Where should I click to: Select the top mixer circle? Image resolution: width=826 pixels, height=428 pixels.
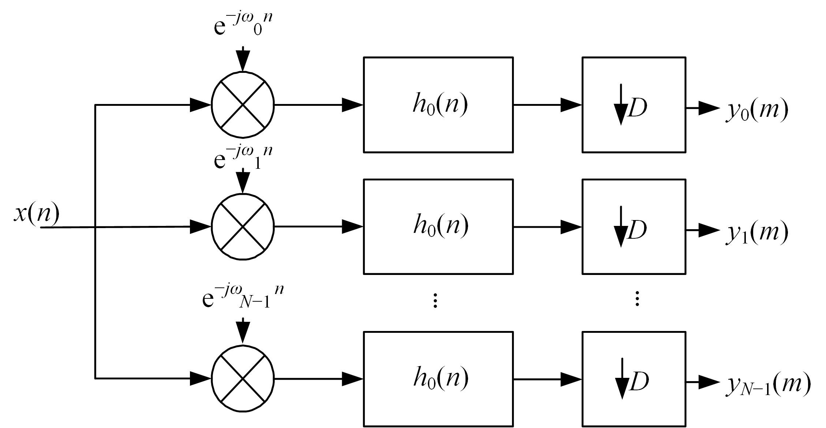pyautogui.click(x=243, y=105)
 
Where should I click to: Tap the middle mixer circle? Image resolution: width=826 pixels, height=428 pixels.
pyautogui.click(x=243, y=227)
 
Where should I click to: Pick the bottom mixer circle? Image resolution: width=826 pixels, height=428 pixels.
pyautogui.click(x=243, y=379)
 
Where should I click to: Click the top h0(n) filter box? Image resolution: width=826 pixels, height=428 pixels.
pyautogui.click(x=438, y=105)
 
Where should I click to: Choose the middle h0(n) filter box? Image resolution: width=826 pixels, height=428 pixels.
pyautogui.click(x=438, y=227)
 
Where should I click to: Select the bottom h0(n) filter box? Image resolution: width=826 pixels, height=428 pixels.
pyautogui.click(x=438, y=379)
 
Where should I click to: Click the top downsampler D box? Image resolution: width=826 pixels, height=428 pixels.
pyautogui.click(x=633, y=105)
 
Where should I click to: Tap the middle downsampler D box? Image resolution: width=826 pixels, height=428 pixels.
pyautogui.click(x=633, y=227)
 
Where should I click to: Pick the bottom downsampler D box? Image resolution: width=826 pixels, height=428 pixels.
pyautogui.click(x=633, y=379)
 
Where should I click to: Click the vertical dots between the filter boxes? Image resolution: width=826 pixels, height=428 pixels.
pyautogui.click(x=435, y=300)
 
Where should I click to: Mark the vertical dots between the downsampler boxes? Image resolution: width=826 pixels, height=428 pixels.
pyautogui.click(x=637, y=299)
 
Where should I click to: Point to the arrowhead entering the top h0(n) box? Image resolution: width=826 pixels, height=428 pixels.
pyautogui.click(x=352, y=105)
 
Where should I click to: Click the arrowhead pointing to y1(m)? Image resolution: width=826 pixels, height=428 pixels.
pyautogui.click(x=709, y=230)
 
